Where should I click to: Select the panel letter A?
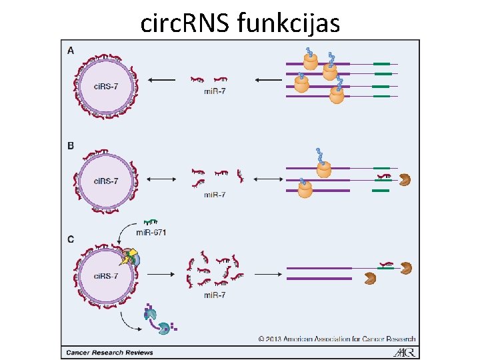pyautogui.click(x=71, y=50)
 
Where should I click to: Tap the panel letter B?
pyautogui.click(x=71, y=145)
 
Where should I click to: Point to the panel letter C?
pyautogui.click(x=71, y=239)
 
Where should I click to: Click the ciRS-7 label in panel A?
pyautogui.click(x=106, y=86)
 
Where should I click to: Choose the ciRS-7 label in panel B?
pyautogui.click(x=106, y=181)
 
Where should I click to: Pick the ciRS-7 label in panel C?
pyautogui.click(x=106, y=275)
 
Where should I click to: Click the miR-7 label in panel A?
pyautogui.click(x=214, y=91)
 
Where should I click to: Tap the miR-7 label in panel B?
pyautogui.click(x=214, y=195)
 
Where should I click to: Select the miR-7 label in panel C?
pyautogui.click(x=214, y=294)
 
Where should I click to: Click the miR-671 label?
pyautogui.click(x=151, y=233)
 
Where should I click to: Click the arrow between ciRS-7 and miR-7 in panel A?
pyautogui.click(x=161, y=80)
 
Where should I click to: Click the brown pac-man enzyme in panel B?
pyautogui.click(x=404, y=179)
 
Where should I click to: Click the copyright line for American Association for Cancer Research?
pyautogui.click(x=337, y=339)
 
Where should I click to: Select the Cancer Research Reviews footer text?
pyautogui.click(x=109, y=352)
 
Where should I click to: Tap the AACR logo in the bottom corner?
pyautogui.click(x=405, y=351)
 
